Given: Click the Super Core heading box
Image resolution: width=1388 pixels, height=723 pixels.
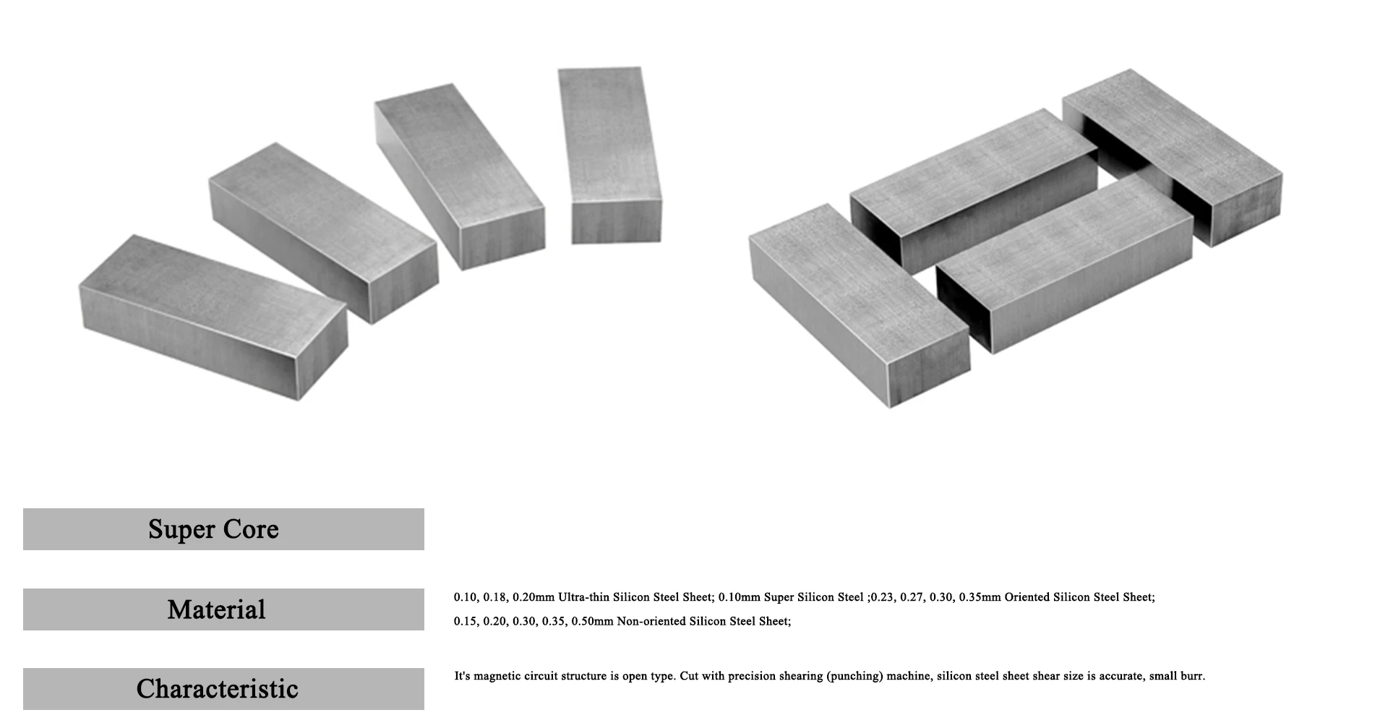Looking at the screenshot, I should tap(223, 529).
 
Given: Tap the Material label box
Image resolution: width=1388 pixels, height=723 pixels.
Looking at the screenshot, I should tap(223, 609).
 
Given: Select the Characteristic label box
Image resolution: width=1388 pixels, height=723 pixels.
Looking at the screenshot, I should tap(223, 689).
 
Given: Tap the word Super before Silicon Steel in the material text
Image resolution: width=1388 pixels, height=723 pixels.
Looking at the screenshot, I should tap(779, 597).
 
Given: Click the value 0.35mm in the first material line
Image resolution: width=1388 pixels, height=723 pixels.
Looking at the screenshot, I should tap(980, 597).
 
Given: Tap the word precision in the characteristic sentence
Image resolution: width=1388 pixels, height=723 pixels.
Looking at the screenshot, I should tap(752, 677).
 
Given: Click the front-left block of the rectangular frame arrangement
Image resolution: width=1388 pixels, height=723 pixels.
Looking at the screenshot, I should tap(857, 304).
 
